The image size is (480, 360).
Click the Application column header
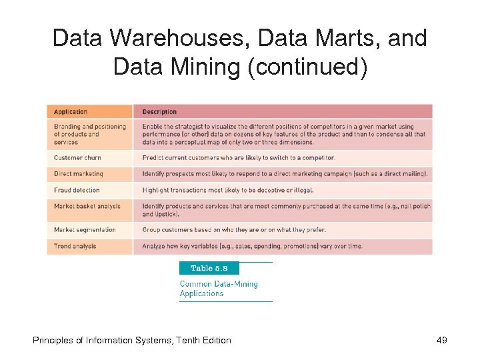(x=71, y=111)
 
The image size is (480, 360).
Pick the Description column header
(x=159, y=111)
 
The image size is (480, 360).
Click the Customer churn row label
(x=77, y=158)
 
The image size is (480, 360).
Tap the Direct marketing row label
(x=79, y=174)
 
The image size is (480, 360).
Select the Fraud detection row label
(x=77, y=190)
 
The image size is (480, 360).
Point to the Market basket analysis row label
(x=87, y=206)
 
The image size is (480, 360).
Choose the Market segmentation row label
(x=85, y=230)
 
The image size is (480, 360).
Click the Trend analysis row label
(x=75, y=246)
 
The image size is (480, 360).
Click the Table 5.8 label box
(x=209, y=268)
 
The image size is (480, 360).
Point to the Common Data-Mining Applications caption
(x=218, y=289)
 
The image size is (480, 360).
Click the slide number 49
(x=441, y=340)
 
